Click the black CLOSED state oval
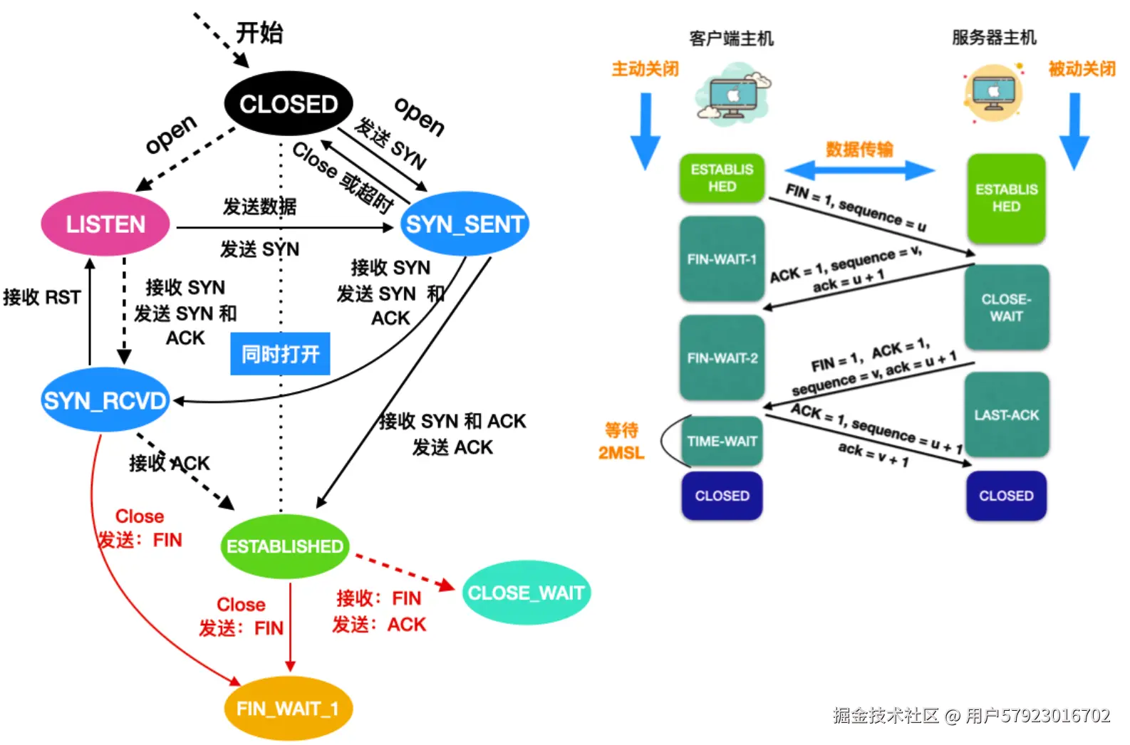point(289,104)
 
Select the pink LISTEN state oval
point(105,224)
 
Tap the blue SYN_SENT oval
point(465,224)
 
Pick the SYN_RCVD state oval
point(105,400)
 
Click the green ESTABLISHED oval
point(285,546)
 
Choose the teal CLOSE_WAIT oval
point(527,593)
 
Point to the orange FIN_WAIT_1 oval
point(288,709)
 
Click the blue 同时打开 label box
point(280,354)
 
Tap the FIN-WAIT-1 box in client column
point(722,259)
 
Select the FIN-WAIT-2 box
point(722,358)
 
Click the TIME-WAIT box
point(722,442)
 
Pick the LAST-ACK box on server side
point(1006,415)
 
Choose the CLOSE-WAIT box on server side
point(1006,308)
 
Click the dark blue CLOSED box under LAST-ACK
point(1006,496)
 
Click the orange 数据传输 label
point(859,149)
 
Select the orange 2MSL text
point(621,453)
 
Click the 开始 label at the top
point(259,33)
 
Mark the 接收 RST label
point(42,297)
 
